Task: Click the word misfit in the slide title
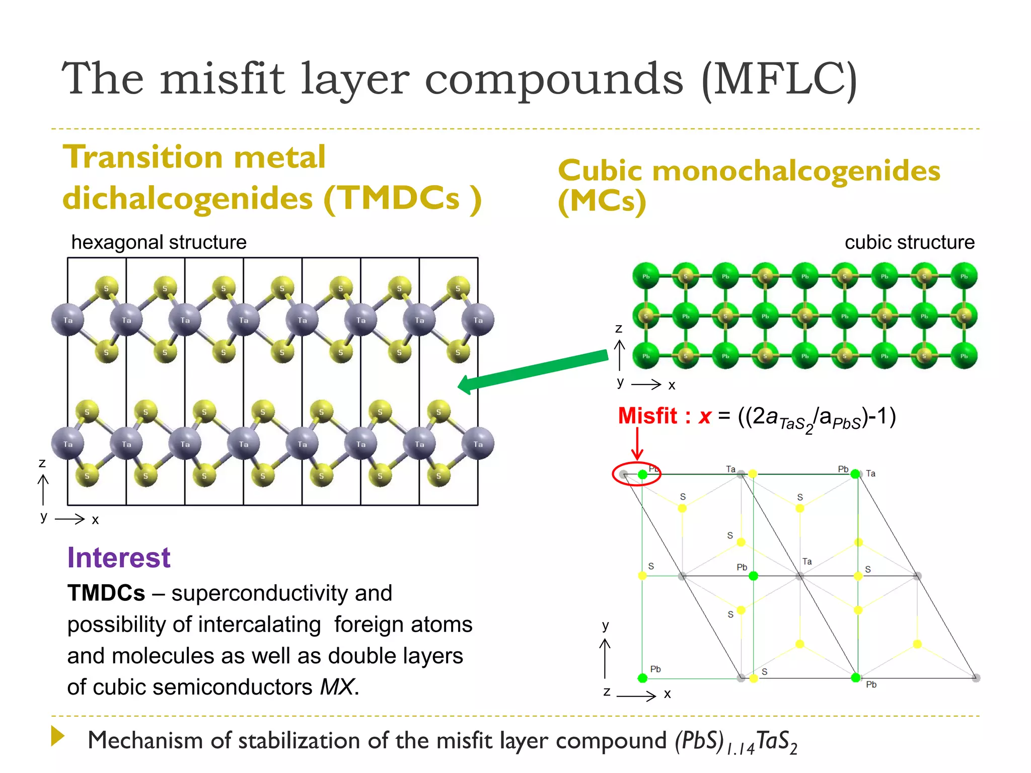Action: (223, 79)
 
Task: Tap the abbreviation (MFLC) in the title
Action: (779, 79)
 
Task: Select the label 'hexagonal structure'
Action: (159, 242)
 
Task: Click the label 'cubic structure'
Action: (909, 242)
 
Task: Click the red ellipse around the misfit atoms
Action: (636, 474)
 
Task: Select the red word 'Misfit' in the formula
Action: (647, 416)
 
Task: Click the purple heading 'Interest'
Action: (119, 558)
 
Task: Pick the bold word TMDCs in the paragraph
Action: (106, 593)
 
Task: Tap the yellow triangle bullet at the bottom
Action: (57, 736)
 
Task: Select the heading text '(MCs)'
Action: (602, 201)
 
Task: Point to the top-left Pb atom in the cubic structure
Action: (646, 276)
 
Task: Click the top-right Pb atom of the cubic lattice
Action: (964, 276)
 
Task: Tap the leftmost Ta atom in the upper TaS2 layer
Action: (68, 320)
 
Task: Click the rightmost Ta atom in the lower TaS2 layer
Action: (478, 444)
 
